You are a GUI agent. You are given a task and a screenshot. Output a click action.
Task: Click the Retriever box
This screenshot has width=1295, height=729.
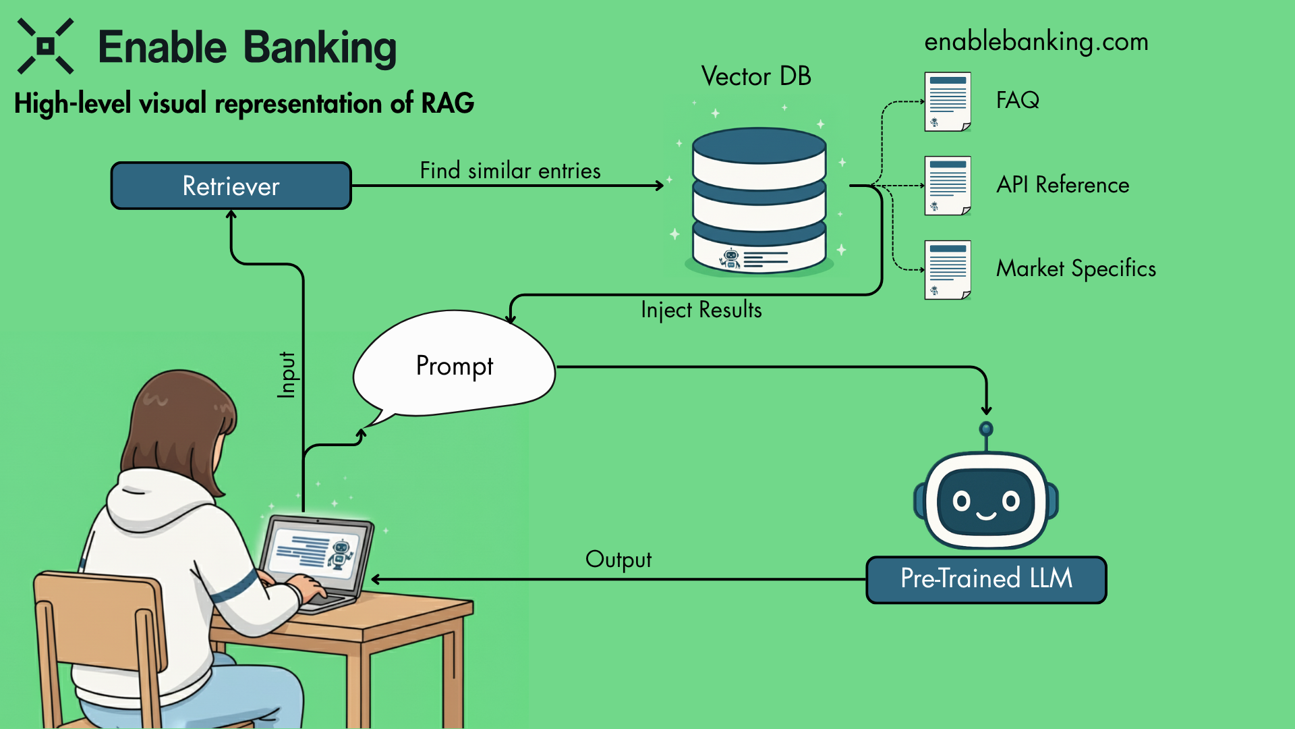231,186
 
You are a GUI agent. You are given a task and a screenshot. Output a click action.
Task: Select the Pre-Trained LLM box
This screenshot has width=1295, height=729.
986,579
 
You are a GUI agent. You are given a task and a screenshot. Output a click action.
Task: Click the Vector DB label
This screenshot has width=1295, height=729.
755,76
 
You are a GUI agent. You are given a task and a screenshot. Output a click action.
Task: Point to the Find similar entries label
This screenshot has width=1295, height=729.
510,171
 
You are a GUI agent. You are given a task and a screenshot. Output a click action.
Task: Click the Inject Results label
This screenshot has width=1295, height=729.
701,310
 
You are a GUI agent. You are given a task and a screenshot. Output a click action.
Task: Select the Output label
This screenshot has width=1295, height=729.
618,560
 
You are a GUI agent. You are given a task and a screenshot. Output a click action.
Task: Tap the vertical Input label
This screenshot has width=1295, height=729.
287,375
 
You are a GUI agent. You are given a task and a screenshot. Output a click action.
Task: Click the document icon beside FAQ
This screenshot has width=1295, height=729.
948,101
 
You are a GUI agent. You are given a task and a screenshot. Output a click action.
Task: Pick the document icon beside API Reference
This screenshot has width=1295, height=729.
948,186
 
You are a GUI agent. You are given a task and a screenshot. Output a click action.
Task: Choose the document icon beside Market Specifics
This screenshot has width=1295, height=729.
948,269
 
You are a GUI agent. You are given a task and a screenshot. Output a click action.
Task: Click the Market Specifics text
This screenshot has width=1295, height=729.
1076,269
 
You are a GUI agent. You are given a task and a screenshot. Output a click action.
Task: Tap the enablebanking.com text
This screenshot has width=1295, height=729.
1036,42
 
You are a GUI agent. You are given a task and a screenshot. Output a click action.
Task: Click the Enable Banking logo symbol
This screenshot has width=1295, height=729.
45,46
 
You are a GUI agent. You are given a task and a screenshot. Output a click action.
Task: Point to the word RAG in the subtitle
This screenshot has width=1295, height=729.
448,103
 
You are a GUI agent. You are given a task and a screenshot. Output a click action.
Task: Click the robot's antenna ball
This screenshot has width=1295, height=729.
986,429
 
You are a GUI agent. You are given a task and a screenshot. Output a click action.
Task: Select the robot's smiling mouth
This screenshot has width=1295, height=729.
986,516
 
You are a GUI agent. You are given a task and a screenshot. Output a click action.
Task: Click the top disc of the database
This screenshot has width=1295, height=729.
759,144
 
